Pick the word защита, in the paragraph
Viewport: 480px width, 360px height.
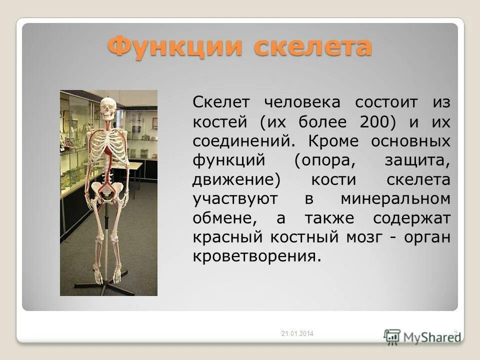pos(417,160)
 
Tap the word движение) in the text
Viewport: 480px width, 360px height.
pos(234,179)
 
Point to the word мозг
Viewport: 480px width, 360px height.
pos(364,237)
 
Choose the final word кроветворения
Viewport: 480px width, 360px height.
pos(255,256)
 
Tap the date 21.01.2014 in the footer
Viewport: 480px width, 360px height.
pos(296,334)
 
